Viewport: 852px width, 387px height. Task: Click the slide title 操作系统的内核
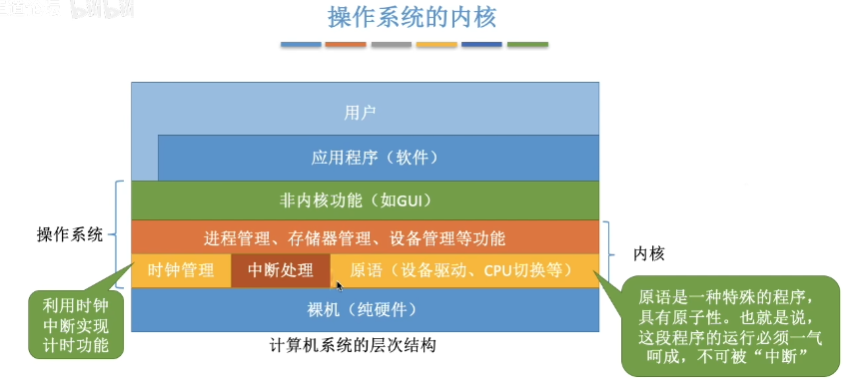pos(412,17)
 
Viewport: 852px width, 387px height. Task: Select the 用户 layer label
pos(359,112)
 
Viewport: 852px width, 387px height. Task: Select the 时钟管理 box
pos(181,270)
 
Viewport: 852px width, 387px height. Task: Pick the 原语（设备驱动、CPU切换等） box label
pos(460,270)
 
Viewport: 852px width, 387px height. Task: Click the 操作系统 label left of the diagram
pos(70,235)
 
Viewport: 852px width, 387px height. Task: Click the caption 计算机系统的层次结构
pos(354,345)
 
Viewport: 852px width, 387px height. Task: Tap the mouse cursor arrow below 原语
pos(340,286)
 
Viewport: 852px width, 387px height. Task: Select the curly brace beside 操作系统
pos(118,235)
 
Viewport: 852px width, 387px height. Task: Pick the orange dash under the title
pos(346,45)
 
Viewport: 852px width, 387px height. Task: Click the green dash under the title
pos(527,45)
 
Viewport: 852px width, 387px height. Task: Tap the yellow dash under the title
pos(436,45)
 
